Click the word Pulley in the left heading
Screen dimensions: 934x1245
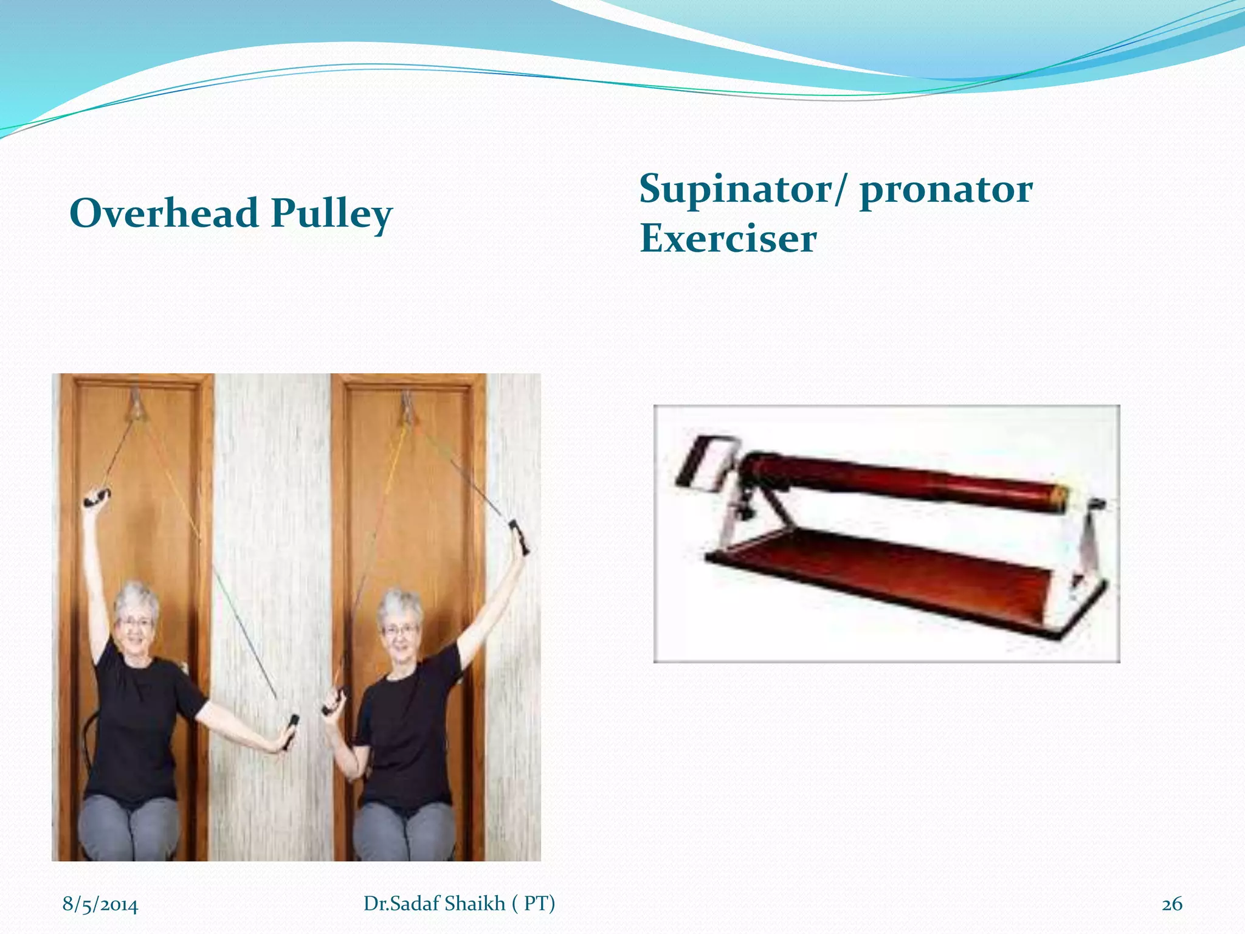(331, 214)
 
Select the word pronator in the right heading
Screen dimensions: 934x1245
(946, 190)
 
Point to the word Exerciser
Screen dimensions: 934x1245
(728, 238)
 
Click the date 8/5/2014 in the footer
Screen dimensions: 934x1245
(100, 904)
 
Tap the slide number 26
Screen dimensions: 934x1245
(1171, 904)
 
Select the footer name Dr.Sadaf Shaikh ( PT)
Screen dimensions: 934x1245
(459, 904)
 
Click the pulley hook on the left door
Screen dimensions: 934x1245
(137, 404)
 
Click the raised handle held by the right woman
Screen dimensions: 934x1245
(520, 535)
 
